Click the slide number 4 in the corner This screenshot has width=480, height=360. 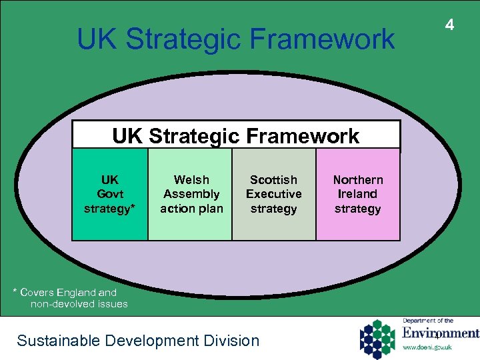(450, 25)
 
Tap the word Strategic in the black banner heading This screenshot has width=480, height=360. (199, 137)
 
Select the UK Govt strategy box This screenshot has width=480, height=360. (110, 194)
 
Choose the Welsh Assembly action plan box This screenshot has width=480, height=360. (191, 194)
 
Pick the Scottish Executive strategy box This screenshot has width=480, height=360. (273, 194)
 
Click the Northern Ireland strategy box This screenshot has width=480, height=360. (358, 194)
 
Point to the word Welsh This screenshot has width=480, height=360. (191, 180)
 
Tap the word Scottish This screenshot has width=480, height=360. (273, 180)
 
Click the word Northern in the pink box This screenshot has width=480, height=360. (358, 180)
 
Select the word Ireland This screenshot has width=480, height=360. (358, 194)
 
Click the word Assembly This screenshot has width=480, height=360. (191, 194)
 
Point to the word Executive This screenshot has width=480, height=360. (273, 194)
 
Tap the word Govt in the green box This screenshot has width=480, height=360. (110, 194)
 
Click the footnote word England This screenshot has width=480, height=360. (77, 292)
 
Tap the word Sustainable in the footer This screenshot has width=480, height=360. (51, 341)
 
